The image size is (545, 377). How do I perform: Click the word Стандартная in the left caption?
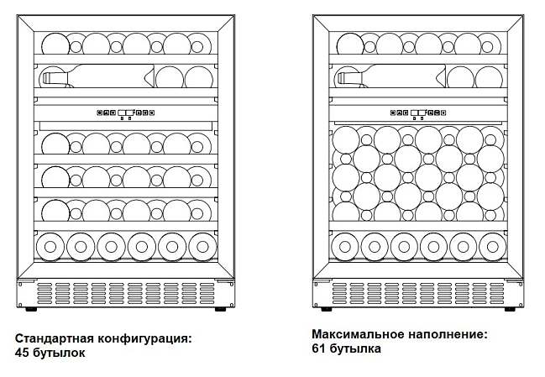point(55,338)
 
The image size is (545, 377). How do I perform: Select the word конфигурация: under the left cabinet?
point(144,338)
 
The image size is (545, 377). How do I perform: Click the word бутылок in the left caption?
point(60,353)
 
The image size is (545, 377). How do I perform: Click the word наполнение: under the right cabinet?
point(448,334)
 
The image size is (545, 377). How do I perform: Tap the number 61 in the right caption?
point(318,348)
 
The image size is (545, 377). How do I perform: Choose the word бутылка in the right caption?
point(354,348)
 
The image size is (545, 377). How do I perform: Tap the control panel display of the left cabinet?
point(126,113)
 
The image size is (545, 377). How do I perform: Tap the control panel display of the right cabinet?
point(418,113)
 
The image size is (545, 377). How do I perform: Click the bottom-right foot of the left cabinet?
point(220,309)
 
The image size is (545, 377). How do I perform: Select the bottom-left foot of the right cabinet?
point(327,309)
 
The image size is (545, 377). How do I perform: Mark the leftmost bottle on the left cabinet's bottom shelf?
point(50,247)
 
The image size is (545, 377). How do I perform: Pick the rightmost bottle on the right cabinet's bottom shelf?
point(493,247)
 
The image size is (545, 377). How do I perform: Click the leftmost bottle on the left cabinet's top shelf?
point(55,45)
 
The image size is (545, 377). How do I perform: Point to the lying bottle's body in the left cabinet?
point(107,76)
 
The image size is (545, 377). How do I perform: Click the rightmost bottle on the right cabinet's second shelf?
point(489,76)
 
